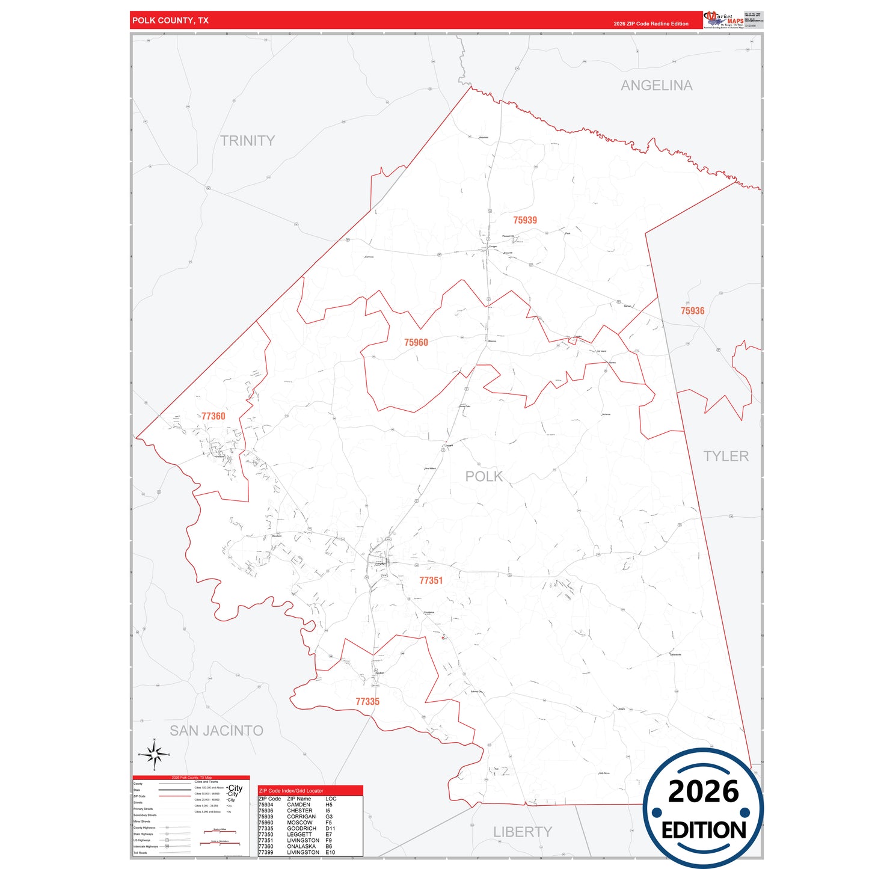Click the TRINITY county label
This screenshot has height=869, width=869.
tap(247, 141)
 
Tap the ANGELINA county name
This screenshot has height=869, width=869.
tap(656, 86)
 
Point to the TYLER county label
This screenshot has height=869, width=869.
tap(726, 456)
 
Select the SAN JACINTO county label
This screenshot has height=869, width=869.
tap(216, 731)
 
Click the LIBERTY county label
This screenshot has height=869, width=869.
tap(522, 832)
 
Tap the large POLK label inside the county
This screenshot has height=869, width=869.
tap(484, 476)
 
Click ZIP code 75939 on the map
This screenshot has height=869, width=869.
tap(525, 220)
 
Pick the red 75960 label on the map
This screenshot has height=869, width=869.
tap(416, 343)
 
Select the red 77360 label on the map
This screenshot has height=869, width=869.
tap(213, 416)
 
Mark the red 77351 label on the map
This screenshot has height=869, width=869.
tap(431, 580)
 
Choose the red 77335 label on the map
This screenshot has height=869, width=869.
tap(367, 702)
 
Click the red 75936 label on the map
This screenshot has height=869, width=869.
tap(692, 311)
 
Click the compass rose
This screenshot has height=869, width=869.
tap(155, 754)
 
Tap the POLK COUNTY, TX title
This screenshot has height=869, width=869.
tap(170, 20)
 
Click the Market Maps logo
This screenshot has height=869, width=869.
tap(723, 19)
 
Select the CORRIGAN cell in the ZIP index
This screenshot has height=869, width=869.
tap(301, 817)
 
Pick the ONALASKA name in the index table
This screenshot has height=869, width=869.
tap(301, 846)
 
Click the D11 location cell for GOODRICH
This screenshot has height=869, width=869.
tap(330, 829)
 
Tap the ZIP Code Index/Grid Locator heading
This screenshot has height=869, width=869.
tap(291, 791)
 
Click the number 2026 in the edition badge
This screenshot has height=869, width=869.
tap(703, 791)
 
